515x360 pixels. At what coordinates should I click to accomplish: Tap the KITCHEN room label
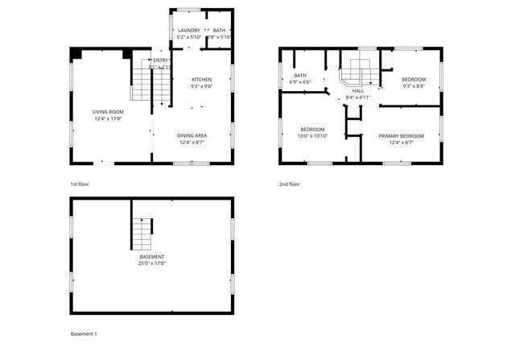(202, 78)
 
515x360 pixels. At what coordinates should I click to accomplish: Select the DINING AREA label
(192, 135)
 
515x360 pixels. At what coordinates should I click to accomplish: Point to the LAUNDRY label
(188, 31)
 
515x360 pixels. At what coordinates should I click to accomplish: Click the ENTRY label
(161, 60)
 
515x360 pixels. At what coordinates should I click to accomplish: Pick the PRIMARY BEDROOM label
(401, 136)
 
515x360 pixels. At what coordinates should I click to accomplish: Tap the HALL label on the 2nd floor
(358, 91)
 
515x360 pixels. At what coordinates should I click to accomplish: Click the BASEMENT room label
(152, 256)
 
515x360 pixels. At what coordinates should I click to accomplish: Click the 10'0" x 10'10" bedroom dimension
(312, 136)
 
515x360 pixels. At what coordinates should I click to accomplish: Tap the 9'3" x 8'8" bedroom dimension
(414, 85)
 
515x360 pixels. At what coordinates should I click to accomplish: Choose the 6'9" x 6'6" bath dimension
(299, 81)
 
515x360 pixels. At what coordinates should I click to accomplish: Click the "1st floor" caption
(79, 184)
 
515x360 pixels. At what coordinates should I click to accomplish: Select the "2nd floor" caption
(290, 184)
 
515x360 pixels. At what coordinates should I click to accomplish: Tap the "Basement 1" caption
(84, 333)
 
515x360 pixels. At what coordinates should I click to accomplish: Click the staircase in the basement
(142, 234)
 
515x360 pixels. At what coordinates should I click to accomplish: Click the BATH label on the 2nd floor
(299, 75)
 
